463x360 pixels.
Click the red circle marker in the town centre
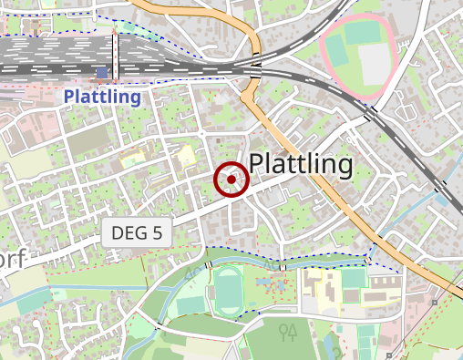coord(231,180)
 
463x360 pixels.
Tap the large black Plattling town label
coord(300,164)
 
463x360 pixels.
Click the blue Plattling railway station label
coord(102,97)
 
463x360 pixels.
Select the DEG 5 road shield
coord(137,232)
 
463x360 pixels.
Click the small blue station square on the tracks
coord(101,71)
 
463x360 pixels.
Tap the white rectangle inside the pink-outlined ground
coord(374,63)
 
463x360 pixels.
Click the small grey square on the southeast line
coord(436,302)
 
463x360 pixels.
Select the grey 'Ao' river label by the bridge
coord(190,272)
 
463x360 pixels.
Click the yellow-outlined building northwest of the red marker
coord(187,154)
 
